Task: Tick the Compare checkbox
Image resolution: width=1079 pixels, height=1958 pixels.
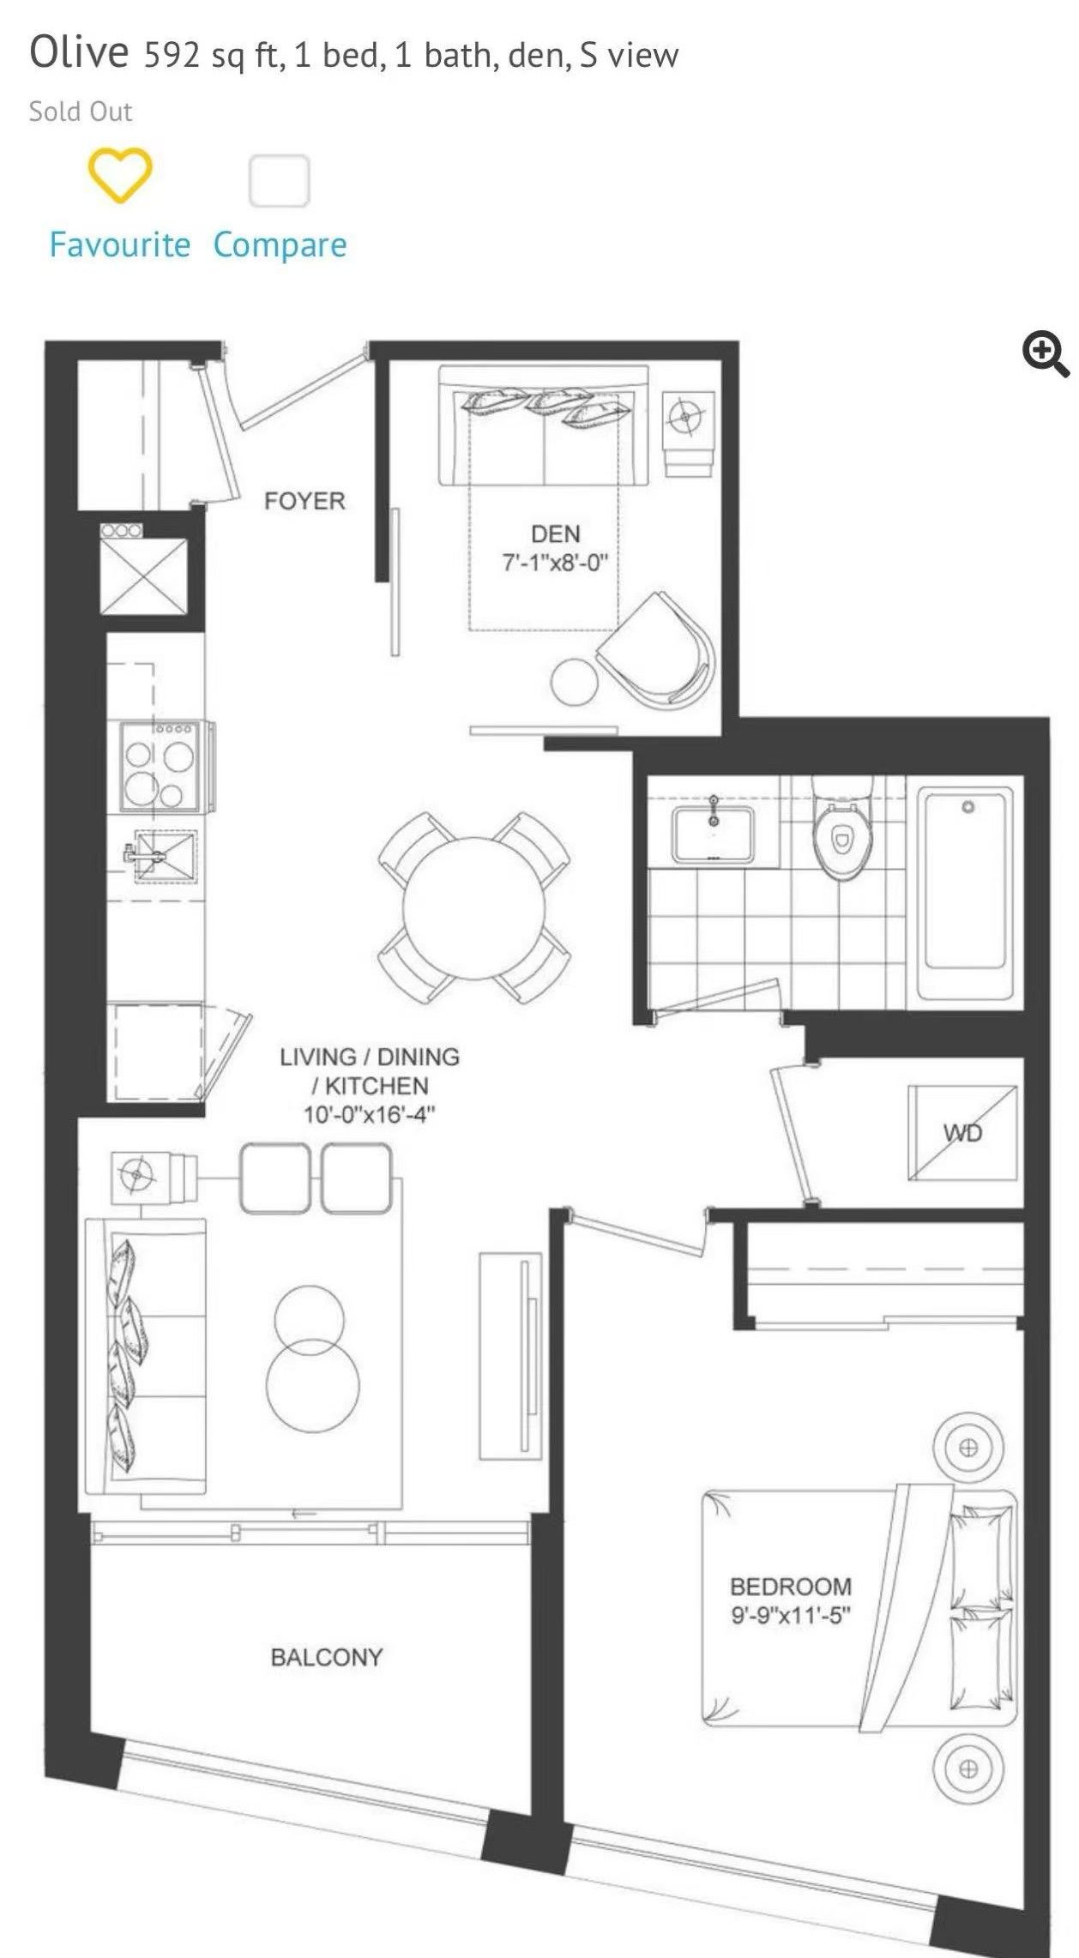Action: tap(279, 180)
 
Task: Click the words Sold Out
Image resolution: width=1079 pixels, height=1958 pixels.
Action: tap(81, 111)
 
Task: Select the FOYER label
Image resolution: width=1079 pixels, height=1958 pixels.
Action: tap(304, 501)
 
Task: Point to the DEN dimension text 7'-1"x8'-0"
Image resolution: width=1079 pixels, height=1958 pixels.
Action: tap(555, 563)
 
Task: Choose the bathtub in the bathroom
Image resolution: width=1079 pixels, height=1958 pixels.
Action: tap(966, 893)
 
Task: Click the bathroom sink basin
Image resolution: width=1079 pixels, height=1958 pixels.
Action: tap(714, 834)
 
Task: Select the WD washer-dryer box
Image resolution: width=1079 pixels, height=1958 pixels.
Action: tap(962, 1133)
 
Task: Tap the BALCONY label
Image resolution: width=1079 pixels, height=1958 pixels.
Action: tap(327, 1657)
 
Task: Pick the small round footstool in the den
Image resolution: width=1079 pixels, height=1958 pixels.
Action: tap(574, 682)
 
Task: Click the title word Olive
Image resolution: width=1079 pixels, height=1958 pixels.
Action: tap(79, 52)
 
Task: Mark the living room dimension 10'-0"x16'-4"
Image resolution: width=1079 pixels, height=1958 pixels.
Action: tap(370, 1115)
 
